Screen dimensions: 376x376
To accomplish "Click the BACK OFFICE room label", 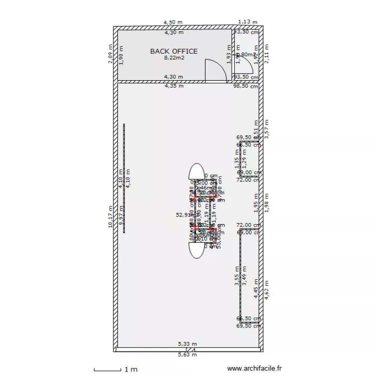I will click(174, 51).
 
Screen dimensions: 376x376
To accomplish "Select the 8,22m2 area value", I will click(174, 58).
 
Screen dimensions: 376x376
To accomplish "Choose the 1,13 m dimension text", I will click(247, 22).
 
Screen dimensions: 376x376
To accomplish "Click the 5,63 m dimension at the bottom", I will click(187, 354).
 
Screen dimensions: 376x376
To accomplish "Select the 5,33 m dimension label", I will click(187, 344).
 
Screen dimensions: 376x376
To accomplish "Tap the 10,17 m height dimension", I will click(110, 217).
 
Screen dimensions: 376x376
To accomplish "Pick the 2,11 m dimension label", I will click(267, 54).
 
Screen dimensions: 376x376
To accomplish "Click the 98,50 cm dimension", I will click(246, 86).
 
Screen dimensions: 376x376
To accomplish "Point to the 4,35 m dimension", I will click(174, 86).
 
